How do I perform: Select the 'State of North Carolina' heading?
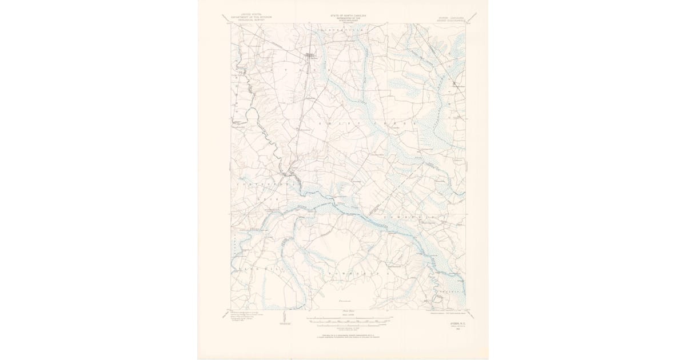(348, 17)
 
